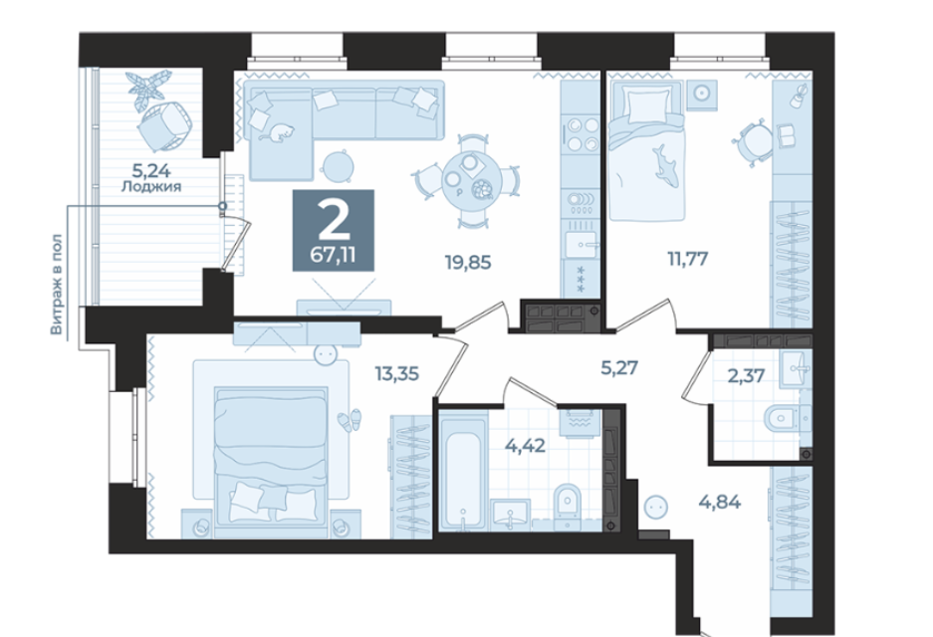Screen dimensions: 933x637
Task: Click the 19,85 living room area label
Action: (x=468, y=261)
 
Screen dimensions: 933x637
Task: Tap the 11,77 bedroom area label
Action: (x=688, y=259)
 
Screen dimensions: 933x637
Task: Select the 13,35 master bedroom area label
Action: (x=397, y=373)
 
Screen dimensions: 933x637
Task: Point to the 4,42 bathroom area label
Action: (x=525, y=445)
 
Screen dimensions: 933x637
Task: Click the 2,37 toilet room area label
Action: (x=746, y=376)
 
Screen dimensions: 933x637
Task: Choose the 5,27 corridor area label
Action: (x=619, y=367)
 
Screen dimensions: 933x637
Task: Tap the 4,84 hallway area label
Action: (x=720, y=502)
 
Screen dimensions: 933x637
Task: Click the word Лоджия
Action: (x=151, y=187)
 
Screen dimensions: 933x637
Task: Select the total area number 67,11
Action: (x=334, y=255)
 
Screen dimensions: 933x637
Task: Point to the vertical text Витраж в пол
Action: (x=57, y=285)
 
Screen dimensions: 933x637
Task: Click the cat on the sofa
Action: (x=279, y=132)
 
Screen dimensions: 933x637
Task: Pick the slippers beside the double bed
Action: (x=350, y=419)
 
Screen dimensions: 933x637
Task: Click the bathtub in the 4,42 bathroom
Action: (x=465, y=475)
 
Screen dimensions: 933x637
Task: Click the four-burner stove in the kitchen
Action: (x=582, y=134)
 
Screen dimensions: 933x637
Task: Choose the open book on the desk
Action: (x=785, y=136)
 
